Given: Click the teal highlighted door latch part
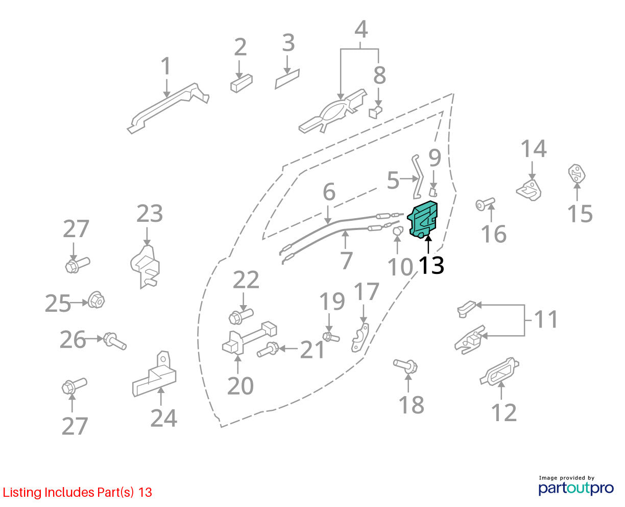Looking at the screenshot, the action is click(422, 219).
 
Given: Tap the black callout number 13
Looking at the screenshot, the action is click(431, 266).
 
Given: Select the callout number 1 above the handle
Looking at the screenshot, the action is click(166, 66).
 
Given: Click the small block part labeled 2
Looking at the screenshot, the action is click(242, 83).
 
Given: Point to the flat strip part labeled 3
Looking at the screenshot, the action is click(287, 79).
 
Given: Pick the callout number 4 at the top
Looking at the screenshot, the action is click(361, 29).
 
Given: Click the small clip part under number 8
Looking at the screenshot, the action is click(375, 112).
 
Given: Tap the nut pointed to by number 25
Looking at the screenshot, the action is click(96, 299).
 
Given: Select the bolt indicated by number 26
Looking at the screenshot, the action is click(115, 341).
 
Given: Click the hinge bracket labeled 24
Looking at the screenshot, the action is click(155, 375).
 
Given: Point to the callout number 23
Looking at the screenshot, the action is click(150, 214).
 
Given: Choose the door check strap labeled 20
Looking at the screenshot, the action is click(249, 337).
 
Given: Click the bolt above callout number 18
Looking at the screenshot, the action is click(405, 366).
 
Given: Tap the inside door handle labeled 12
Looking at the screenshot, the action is click(499, 372).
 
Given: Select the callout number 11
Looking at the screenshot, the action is click(546, 319).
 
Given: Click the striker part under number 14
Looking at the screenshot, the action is click(529, 190).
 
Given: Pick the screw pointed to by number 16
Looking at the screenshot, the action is click(485, 204).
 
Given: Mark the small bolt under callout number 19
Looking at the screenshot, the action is click(331, 337).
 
